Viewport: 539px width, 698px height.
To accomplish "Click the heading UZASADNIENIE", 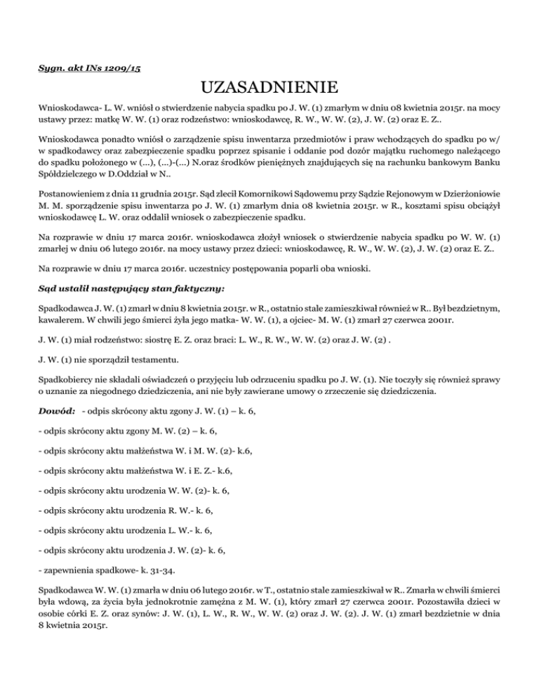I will point(269,89).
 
